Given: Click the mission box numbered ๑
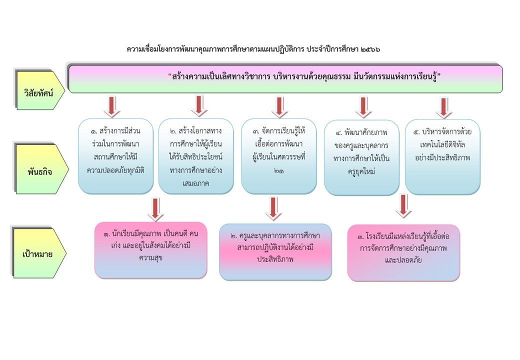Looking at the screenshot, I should point(115,156).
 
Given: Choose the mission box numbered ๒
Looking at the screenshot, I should point(196,156).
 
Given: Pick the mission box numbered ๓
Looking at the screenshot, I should point(278,156).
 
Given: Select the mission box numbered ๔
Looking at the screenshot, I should point(361,157).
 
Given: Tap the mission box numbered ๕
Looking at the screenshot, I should point(442,156).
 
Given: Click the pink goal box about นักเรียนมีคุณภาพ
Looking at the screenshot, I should point(150,250).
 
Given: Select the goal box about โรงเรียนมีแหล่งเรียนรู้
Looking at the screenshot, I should point(403,252).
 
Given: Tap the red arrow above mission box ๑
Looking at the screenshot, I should point(112,106).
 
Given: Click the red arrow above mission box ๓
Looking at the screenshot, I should point(279,106).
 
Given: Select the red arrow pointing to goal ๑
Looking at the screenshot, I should point(155,208).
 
